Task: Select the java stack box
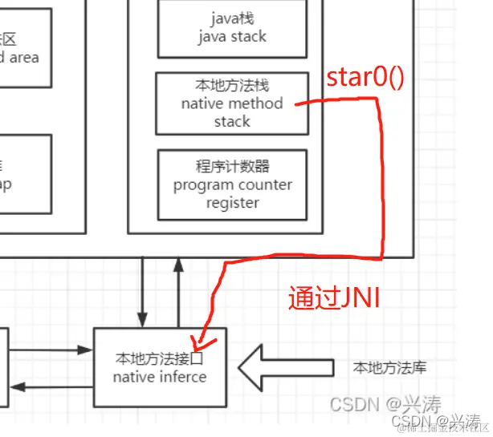click(x=232, y=27)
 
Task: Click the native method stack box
click(x=232, y=103)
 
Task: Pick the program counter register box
click(x=232, y=184)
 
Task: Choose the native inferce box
click(x=160, y=366)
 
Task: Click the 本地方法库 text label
click(x=389, y=368)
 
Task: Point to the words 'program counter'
click(x=233, y=185)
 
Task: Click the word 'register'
click(x=233, y=203)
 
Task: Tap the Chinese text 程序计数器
click(x=233, y=167)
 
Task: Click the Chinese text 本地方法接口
click(x=160, y=358)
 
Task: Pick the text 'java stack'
click(x=233, y=36)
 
